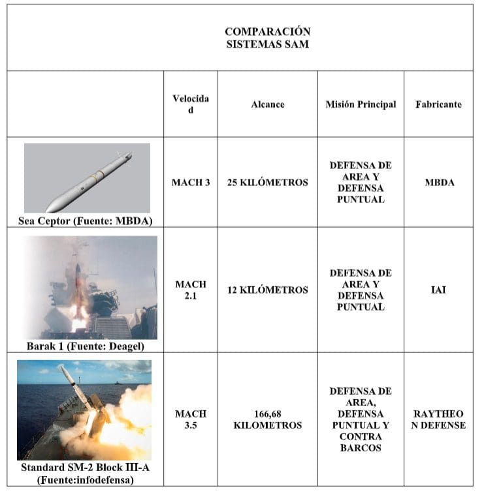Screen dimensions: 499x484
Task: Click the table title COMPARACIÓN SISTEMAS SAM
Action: coord(267,38)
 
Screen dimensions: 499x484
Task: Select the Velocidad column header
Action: coord(191,104)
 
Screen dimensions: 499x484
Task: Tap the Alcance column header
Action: coord(268,104)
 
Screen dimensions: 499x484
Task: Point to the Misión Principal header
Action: coord(361,104)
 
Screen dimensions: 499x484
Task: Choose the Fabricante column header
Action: coord(438,104)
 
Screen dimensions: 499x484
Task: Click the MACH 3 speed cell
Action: coord(191,183)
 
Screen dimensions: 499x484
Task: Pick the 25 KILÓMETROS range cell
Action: coord(268,183)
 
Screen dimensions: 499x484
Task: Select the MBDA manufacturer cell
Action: coord(439,183)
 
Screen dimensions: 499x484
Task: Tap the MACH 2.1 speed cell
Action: coord(191,290)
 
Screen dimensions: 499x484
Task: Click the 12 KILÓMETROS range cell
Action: coord(268,290)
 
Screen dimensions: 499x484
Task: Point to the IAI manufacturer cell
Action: coord(439,290)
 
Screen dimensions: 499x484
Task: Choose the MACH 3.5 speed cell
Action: coord(191,419)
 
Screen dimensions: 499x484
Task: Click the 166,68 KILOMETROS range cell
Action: coord(268,419)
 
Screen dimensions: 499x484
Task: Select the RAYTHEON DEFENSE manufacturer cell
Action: coord(439,419)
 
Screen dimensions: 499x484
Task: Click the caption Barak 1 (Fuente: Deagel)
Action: coord(86,346)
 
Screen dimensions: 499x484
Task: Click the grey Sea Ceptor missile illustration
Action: coord(88,177)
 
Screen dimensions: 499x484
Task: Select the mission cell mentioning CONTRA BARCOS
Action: coord(361,419)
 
